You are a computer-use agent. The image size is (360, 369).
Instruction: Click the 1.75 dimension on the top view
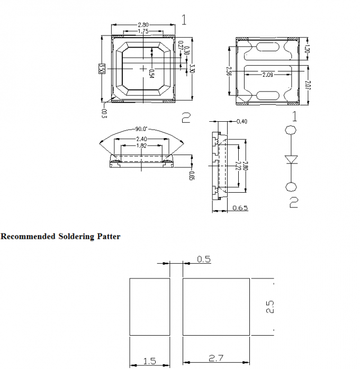(142, 32)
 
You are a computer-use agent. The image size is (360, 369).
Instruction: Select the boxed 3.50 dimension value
(102, 68)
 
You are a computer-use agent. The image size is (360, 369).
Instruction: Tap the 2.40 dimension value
(142, 139)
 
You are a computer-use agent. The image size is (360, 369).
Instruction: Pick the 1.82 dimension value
(142, 146)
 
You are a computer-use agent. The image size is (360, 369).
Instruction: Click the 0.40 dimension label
(242, 122)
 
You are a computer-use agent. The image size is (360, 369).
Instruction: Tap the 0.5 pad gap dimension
(204, 259)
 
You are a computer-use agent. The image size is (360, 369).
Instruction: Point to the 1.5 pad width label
(150, 361)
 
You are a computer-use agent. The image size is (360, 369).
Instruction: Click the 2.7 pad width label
(216, 359)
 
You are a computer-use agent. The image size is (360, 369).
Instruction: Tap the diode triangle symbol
(291, 159)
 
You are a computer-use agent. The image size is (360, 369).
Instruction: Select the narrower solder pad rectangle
(150, 307)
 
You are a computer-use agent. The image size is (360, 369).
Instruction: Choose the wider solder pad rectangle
(216, 307)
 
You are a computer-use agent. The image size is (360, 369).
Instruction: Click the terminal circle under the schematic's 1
(291, 131)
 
